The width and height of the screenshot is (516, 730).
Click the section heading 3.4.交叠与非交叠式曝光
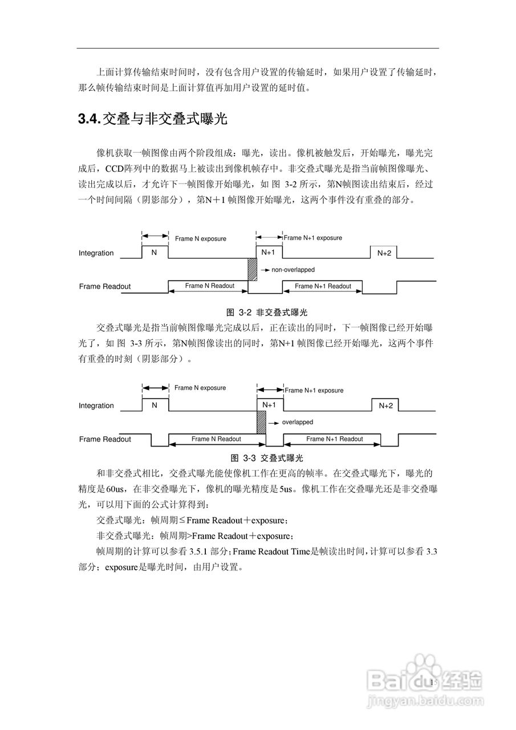(x=152, y=119)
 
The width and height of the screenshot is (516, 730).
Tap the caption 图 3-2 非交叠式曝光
(x=267, y=312)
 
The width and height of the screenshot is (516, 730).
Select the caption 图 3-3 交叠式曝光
(x=267, y=458)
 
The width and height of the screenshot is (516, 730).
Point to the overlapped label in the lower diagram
(x=297, y=423)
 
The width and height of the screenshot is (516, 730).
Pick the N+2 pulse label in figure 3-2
(x=384, y=253)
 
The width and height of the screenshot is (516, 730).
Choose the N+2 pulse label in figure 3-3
(x=385, y=406)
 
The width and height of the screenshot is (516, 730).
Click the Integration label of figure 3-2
(x=96, y=253)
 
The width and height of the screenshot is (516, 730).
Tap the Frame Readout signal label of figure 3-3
(x=105, y=439)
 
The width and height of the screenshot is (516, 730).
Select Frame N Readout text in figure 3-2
(x=209, y=286)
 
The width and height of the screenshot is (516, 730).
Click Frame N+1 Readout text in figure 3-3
(x=334, y=439)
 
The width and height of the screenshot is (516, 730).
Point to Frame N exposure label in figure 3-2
(x=200, y=238)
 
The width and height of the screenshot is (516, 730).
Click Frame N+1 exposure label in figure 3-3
(x=314, y=391)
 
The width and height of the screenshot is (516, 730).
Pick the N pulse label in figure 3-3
(x=154, y=405)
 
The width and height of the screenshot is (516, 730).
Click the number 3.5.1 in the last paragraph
(x=199, y=551)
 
